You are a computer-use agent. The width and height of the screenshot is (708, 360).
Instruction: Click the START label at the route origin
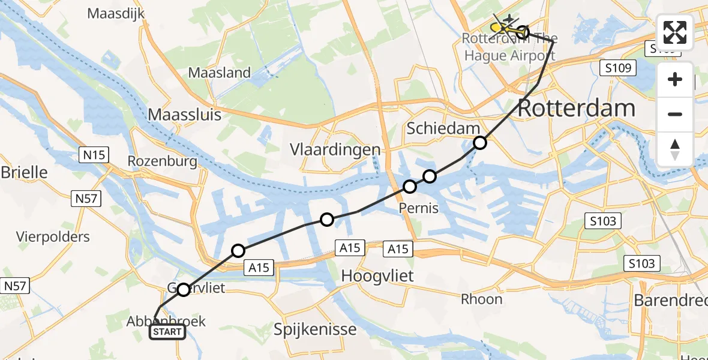tap(167, 332)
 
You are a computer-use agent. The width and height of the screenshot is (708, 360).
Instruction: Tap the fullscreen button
tap(675, 32)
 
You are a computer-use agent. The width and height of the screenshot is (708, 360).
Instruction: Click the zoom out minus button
tap(675, 114)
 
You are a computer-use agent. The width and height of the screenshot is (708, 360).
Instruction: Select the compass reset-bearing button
tap(675, 149)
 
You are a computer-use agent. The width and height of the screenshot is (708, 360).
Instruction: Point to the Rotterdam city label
tap(575, 109)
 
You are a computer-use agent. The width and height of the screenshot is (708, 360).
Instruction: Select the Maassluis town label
tap(185, 114)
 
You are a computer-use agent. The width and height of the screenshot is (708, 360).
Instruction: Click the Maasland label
tap(220, 73)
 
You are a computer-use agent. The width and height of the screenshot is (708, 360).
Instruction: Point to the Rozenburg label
tap(162, 161)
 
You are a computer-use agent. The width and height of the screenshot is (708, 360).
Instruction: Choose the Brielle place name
tap(24, 173)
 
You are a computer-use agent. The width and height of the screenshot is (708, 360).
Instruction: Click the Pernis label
tap(419, 209)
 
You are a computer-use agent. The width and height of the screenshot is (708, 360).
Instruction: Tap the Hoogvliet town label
tap(379, 275)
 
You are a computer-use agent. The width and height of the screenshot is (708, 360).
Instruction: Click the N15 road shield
tap(93, 155)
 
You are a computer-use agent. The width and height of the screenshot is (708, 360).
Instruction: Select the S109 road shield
tap(618, 68)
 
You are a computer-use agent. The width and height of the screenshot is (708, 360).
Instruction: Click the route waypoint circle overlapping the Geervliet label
tap(183, 289)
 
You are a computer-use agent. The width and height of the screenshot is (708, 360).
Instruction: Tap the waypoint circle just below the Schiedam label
tap(480, 143)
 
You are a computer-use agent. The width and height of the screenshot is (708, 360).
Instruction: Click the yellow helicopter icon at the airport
tap(497, 28)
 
